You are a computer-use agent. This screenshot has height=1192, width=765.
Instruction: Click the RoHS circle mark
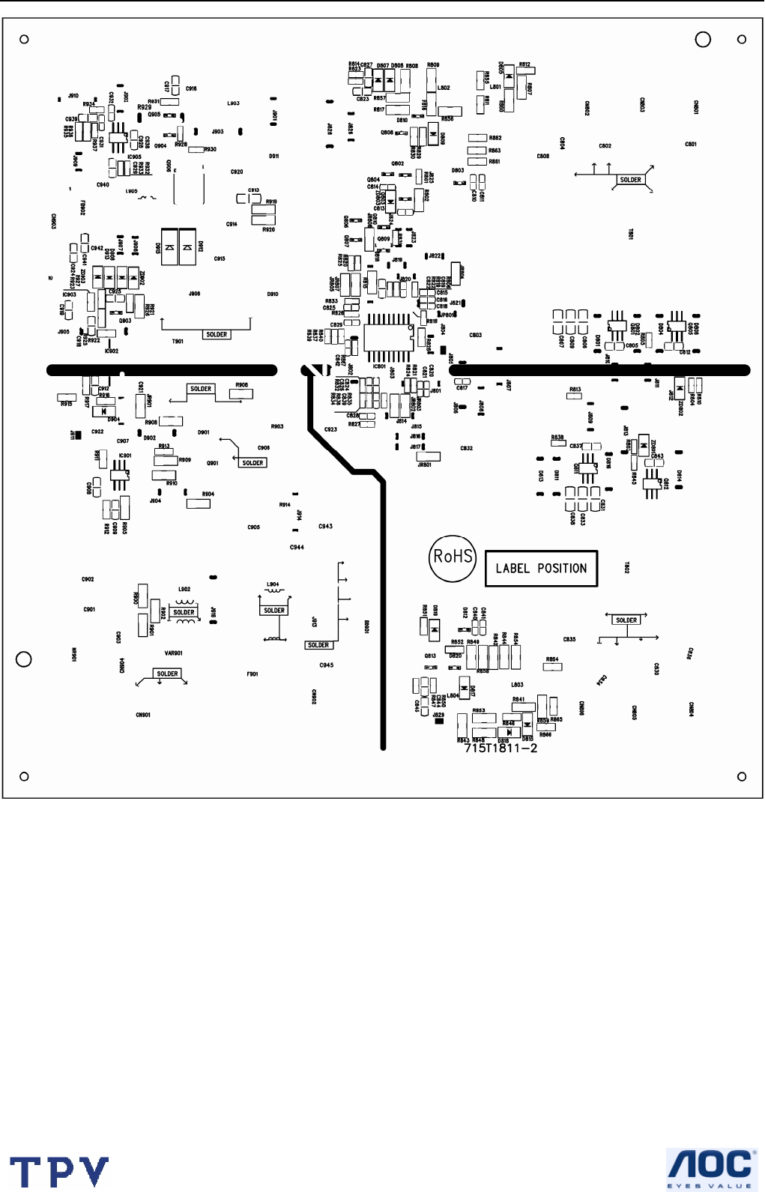453,557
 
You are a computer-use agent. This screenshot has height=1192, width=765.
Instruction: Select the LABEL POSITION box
541,569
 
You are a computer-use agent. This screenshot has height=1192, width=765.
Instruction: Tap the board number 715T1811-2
501,748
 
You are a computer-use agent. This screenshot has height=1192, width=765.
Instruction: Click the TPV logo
59,1172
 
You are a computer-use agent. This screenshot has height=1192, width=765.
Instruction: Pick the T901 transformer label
178,342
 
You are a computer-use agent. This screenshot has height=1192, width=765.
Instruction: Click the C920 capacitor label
237,172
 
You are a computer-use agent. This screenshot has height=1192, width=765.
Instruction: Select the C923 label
330,430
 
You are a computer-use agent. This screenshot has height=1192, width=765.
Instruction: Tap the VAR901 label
173,653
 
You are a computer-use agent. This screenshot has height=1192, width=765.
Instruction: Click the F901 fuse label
253,674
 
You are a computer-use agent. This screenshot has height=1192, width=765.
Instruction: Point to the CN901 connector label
143,715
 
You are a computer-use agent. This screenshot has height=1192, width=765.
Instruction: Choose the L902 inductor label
184,590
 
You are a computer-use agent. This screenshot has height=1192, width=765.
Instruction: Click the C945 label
326,665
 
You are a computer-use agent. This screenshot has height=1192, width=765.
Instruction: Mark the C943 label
325,527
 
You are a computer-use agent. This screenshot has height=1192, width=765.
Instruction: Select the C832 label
466,449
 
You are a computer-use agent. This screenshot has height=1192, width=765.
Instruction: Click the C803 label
475,336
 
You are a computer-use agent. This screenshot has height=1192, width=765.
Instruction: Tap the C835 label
569,640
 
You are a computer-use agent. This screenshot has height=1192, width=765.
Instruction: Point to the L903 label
234,103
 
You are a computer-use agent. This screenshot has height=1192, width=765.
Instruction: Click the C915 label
220,259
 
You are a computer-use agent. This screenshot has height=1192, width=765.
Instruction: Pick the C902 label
88,580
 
